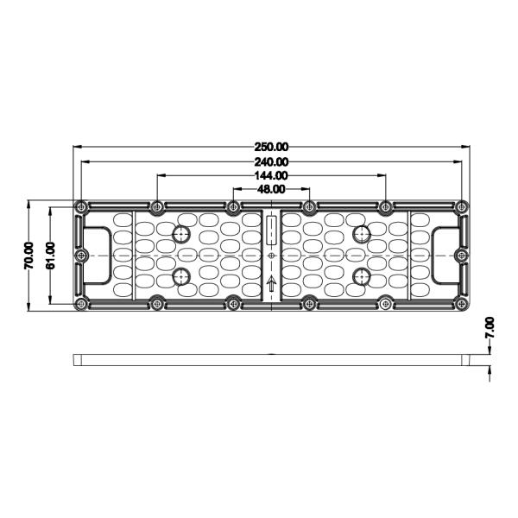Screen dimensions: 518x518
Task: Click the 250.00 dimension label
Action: (271, 147)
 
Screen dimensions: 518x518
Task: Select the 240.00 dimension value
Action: (271, 161)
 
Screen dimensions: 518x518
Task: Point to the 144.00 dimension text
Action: (271, 175)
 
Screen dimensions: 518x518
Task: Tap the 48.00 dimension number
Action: (271, 189)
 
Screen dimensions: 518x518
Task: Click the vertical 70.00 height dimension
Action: (28, 256)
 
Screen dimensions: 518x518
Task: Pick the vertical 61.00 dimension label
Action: (50, 256)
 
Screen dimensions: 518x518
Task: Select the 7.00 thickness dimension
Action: (490, 327)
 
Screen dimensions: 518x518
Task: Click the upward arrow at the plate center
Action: (271, 284)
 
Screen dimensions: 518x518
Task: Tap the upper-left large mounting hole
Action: (181, 234)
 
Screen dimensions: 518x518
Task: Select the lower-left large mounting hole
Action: (181, 276)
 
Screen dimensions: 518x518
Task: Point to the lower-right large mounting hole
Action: (362, 276)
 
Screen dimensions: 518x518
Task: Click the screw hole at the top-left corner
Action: (81, 207)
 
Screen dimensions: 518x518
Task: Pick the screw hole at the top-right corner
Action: (462, 207)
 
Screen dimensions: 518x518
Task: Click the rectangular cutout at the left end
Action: (98, 256)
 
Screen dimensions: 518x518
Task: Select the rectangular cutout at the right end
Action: (445, 256)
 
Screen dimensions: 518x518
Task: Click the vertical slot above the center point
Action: (271, 231)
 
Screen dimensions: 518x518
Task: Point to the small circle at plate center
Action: (271, 256)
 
